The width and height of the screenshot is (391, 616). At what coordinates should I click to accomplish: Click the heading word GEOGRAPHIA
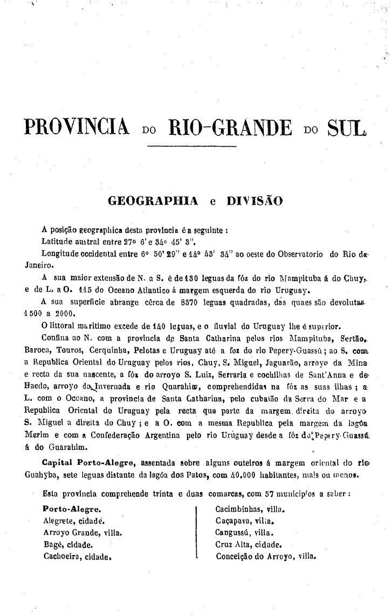[x=154, y=201]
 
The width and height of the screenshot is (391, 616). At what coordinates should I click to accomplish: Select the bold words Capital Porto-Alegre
[x=90, y=462]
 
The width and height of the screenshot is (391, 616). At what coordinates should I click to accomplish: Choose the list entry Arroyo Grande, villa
[x=82, y=532]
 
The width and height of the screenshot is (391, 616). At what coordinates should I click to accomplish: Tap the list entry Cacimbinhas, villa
[x=250, y=509]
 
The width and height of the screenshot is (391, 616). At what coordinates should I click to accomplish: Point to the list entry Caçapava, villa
[x=245, y=521]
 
